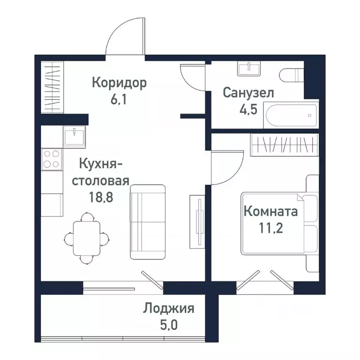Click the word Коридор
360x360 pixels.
[119, 83]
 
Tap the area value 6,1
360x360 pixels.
[119, 99]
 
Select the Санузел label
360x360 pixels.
[248, 93]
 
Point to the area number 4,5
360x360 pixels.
[248, 110]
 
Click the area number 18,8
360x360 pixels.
[101, 197]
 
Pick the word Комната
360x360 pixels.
[270, 211]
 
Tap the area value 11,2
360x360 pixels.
[271, 228]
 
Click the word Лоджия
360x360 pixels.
[169, 309]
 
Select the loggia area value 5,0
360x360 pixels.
[169, 325]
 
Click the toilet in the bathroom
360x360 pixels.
[292, 75]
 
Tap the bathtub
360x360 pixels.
[291, 115]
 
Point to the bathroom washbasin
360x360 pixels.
[249, 68]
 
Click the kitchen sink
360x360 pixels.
[75, 137]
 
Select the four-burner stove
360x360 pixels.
[52, 159]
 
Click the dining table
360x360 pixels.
[87, 238]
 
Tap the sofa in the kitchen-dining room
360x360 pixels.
[148, 222]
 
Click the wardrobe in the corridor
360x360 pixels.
[52, 87]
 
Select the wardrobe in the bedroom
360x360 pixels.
[284, 145]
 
